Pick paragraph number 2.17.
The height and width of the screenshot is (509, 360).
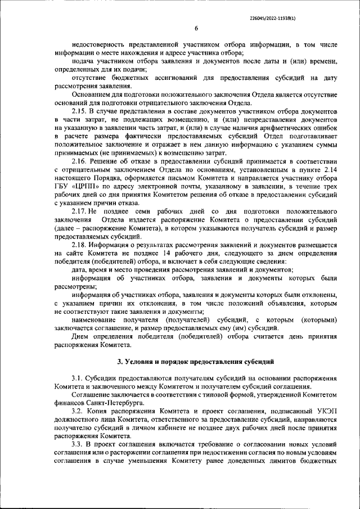[x=80, y=210]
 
